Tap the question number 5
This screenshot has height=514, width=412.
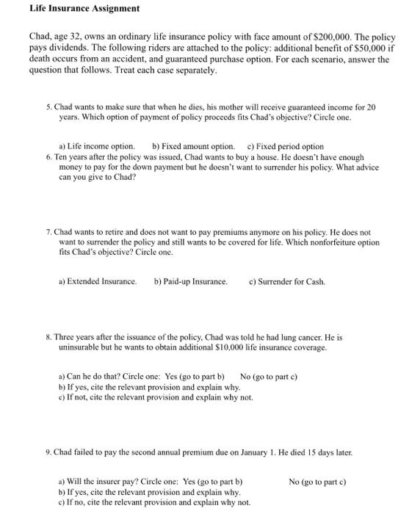pyautogui.click(x=48, y=106)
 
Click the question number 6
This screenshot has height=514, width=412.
pyautogui.click(x=48, y=157)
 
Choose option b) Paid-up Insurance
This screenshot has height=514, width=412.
pyautogui.click(x=191, y=281)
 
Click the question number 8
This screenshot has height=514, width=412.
pyautogui.click(x=48, y=336)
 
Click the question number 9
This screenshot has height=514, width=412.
pyautogui.click(x=48, y=452)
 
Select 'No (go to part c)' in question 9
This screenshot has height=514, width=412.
pyautogui.click(x=317, y=481)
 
